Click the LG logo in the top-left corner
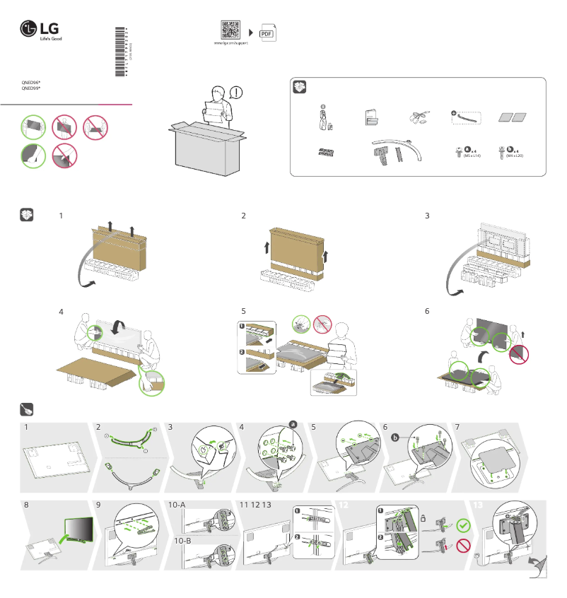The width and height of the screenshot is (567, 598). click(40, 30)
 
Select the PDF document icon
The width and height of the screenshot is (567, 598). click(267, 33)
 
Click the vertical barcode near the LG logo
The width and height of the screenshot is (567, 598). click(121, 54)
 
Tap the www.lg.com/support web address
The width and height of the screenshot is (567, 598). click(230, 43)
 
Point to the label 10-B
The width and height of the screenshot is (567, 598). click(184, 541)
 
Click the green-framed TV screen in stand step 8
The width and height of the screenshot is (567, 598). click(78, 528)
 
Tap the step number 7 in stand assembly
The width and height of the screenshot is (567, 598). click(458, 428)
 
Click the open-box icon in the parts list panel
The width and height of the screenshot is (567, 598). click(301, 87)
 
